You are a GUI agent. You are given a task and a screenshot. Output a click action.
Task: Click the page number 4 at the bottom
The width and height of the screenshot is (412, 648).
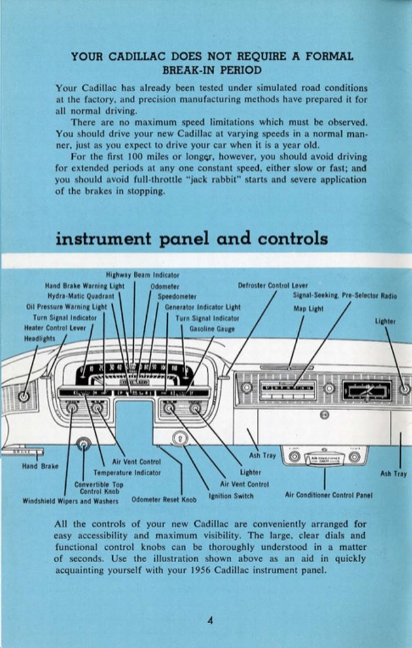point(209,620)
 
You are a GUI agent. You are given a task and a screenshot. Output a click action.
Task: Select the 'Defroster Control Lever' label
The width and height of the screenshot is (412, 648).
point(273,285)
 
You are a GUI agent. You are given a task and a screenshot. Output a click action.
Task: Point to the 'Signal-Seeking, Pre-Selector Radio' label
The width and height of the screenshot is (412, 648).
point(345,296)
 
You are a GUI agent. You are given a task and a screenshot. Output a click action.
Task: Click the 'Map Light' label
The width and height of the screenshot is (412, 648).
point(308,309)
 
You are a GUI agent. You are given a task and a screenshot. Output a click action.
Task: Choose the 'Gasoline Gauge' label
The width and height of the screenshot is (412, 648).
point(212,328)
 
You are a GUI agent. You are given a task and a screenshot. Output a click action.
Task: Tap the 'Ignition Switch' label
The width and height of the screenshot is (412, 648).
point(231,495)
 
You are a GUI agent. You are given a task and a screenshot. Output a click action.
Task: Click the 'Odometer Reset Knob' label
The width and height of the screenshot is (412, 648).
point(164,499)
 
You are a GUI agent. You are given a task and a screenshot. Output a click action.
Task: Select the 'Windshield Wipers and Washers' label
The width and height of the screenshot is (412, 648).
point(70,501)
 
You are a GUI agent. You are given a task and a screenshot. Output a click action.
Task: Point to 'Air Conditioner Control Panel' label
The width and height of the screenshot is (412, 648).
point(328,495)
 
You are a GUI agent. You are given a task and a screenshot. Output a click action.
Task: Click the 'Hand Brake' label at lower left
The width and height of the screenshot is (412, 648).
point(40,466)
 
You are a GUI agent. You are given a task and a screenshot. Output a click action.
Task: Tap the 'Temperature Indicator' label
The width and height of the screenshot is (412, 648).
point(127,472)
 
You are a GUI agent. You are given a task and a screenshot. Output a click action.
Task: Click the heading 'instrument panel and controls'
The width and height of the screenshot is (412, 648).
point(192,239)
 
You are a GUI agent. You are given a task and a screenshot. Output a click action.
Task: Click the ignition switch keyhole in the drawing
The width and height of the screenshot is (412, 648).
point(180,437)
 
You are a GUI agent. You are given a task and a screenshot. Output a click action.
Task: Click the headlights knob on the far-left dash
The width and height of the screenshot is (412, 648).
point(23,397)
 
